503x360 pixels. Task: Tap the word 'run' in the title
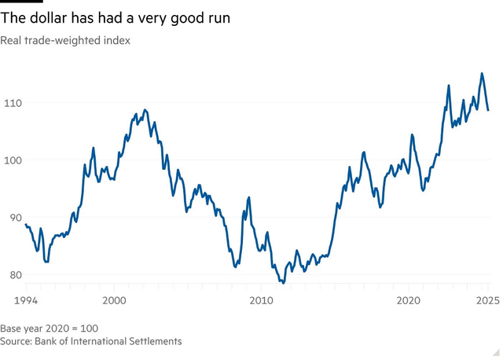pos(216,18)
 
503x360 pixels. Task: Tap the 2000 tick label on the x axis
pos(114,301)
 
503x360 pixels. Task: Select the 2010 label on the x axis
pos(261,301)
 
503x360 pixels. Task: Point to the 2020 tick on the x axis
pos(408,301)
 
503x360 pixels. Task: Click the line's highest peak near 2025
pos(482,74)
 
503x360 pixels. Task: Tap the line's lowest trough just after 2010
pos(282,281)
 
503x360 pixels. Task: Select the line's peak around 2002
pos(145,110)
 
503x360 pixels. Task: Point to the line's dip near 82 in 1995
pos(46,261)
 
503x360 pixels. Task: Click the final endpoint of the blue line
pos(488,110)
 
